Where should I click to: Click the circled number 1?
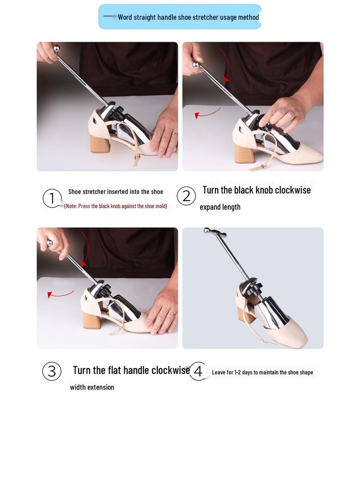(52, 198)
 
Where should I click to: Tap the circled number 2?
(186, 196)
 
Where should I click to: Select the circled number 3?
(52, 371)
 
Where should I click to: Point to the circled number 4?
(198, 371)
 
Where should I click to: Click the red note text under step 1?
(116, 206)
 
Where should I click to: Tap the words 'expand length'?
(220, 207)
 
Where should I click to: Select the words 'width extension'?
(92, 387)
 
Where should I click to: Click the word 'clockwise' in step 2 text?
(293, 190)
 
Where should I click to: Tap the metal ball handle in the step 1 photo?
(57, 48)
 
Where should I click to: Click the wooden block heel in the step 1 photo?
(100, 143)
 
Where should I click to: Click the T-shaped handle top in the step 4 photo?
(215, 232)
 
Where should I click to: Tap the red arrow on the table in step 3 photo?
(60, 294)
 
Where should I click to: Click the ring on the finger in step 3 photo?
(171, 313)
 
